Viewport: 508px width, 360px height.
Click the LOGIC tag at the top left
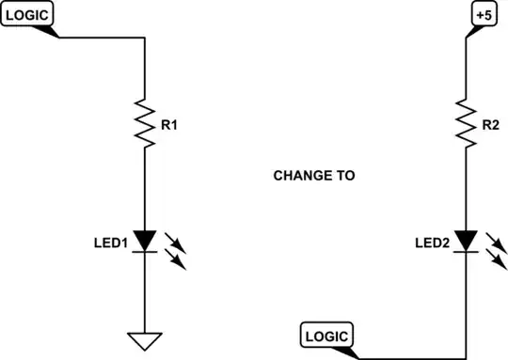pyautogui.click(x=29, y=15)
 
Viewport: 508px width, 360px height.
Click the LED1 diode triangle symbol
pyautogui.click(x=145, y=242)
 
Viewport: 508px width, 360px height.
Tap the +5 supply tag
pyautogui.click(x=481, y=15)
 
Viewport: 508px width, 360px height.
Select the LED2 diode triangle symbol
pyautogui.click(x=467, y=242)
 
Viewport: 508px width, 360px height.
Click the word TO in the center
pyautogui.click(x=345, y=176)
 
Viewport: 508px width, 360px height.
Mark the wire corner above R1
pyautogui.click(x=145, y=39)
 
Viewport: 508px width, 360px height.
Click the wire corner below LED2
pyautogui.click(x=467, y=358)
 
